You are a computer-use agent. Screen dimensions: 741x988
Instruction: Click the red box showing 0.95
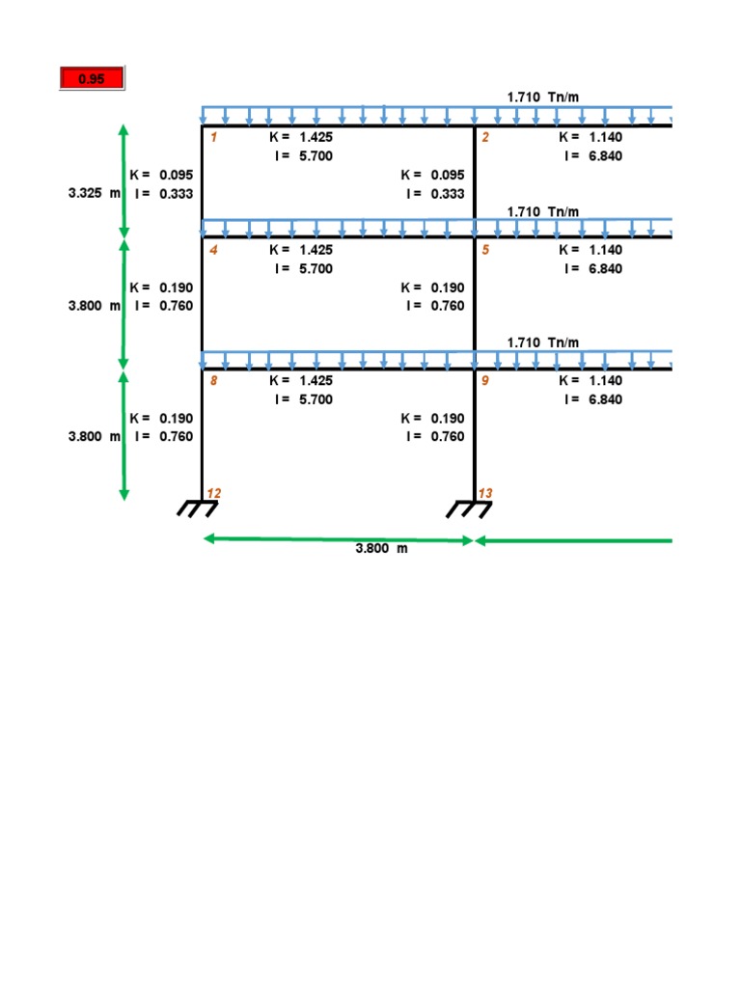coord(92,79)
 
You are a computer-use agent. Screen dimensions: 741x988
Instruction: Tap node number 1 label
coord(213,137)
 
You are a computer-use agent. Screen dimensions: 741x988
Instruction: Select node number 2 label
coord(485,137)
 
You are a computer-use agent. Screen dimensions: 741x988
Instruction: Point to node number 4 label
coord(213,250)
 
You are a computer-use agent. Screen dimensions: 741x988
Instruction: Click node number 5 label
coord(485,250)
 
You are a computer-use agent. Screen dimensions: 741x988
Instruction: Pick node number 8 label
coord(213,380)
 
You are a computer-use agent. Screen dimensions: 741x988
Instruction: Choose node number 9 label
coord(485,380)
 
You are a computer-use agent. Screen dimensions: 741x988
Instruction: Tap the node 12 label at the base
coord(214,493)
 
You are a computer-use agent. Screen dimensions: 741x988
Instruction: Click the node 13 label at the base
coord(485,493)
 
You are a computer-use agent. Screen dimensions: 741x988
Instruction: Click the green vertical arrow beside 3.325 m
coord(123,180)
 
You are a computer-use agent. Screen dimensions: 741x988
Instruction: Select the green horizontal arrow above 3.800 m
coord(337,541)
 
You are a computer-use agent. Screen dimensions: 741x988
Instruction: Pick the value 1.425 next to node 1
coord(316,137)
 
